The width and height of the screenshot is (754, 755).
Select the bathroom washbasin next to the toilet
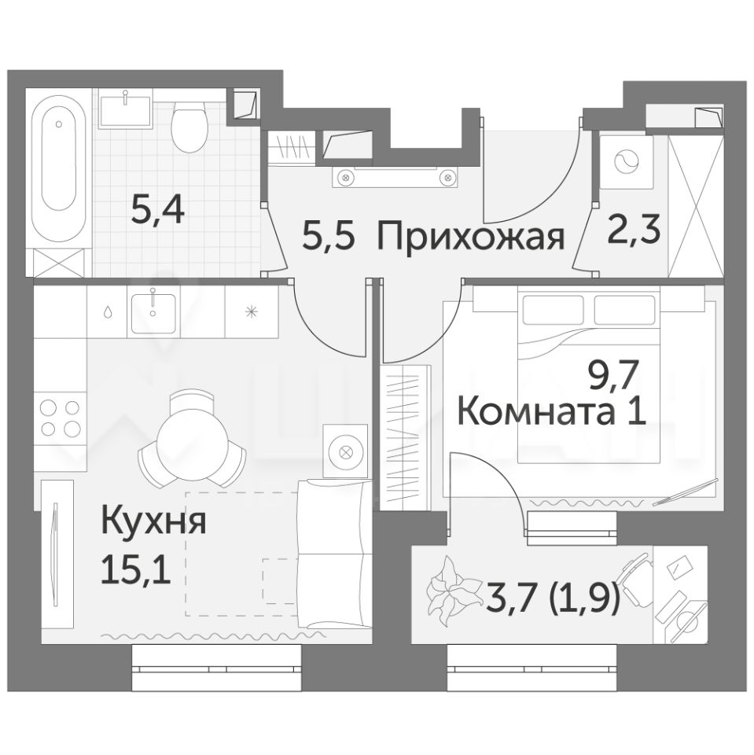coord(125,109)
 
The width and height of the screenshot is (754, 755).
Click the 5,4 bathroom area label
coord(158,211)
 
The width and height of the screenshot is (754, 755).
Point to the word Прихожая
coord(470,237)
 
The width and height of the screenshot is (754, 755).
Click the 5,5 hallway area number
coord(329,236)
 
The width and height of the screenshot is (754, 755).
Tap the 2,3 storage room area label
coord(633,230)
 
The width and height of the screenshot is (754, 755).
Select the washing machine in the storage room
coord(627,162)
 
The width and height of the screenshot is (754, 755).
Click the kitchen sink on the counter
coord(153,311)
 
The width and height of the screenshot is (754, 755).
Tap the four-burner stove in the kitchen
coord(61,418)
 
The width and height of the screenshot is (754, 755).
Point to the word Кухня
coord(153,522)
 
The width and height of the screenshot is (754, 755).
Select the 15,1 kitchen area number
coord(136,571)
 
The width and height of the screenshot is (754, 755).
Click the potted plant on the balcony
coord(451,584)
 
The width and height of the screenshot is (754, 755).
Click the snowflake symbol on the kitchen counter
coord(252,311)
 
